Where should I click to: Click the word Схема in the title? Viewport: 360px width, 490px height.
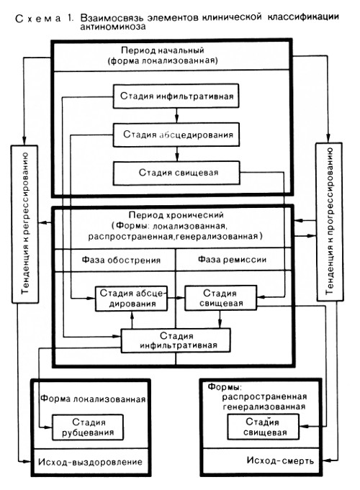coord(38,18)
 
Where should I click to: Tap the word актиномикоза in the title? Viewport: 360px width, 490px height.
coord(113,27)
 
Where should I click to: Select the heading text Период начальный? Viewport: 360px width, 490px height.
coord(163,50)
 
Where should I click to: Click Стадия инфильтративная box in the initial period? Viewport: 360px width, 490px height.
coord(176,96)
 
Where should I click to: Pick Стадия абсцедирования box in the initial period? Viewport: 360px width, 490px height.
coord(176,135)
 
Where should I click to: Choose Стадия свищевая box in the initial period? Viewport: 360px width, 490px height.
coord(176,173)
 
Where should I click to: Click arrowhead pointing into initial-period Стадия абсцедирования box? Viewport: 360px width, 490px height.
coord(176,119)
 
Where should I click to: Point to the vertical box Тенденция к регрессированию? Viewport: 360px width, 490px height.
coord(25,224)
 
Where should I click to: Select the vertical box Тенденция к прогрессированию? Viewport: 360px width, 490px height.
coord(329,222)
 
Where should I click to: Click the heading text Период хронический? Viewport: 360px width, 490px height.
coord(176,215)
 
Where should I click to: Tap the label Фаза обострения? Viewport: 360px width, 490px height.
coord(122,260)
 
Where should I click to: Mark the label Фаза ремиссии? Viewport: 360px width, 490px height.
coord(232,259)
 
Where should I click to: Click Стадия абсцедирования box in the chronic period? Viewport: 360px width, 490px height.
coord(131,299)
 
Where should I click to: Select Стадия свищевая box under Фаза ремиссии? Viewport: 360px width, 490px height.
coord(221,298)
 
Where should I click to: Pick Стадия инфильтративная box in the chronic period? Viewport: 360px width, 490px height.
coord(176,340)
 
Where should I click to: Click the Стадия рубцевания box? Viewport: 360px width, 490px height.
coord(88,427)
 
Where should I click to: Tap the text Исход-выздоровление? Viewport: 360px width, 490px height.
coord(91,462)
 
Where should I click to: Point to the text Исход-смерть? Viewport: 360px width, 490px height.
coord(280,460)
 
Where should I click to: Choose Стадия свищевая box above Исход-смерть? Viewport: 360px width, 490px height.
coord(264,427)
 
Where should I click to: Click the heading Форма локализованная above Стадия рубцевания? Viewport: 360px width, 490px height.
coord(93,399)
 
